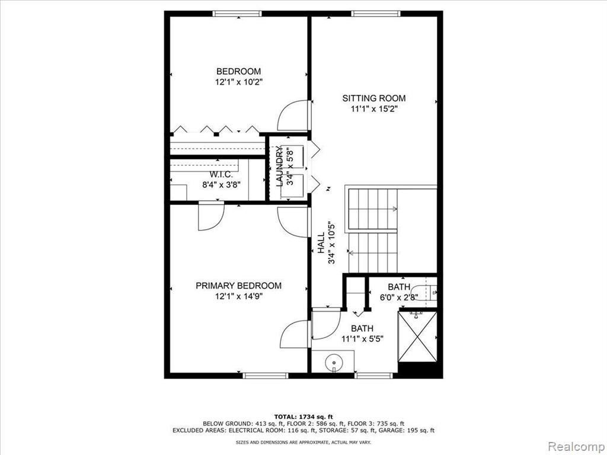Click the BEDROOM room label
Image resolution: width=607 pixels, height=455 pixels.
pyautogui.click(x=238, y=71)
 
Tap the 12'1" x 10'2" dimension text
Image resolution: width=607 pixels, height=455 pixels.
pyautogui.click(x=239, y=82)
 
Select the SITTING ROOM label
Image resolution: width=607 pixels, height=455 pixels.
pyautogui.click(x=374, y=98)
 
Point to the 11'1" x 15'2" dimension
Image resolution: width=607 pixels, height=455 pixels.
pyautogui.click(x=375, y=109)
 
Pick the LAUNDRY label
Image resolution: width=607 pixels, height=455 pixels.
pyautogui.click(x=280, y=166)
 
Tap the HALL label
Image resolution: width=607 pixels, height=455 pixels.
pyautogui.click(x=321, y=243)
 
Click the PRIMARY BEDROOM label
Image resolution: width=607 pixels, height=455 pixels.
pyautogui.click(x=238, y=286)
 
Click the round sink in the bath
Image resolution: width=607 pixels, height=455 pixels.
pyautogui.click(x=334, y=363)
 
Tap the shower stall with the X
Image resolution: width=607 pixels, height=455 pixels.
pyautogui.click(x=417, y=337)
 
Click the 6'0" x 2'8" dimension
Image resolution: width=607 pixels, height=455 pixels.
pyautogui.click(x=399, y=297)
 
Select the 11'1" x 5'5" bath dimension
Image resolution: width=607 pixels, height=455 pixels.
pyautogui.click(x=362, y=339)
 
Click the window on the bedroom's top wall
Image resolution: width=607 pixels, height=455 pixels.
pyautogui.click(x=237, y=14)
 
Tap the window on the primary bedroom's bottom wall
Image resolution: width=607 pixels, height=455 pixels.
pyautogui.click(x=266, y=375)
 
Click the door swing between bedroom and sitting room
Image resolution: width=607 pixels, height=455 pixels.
pyautogui.click(x=293, y=116)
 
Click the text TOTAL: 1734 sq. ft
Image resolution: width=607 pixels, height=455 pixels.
pyautogui.click(x=303, y=416)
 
